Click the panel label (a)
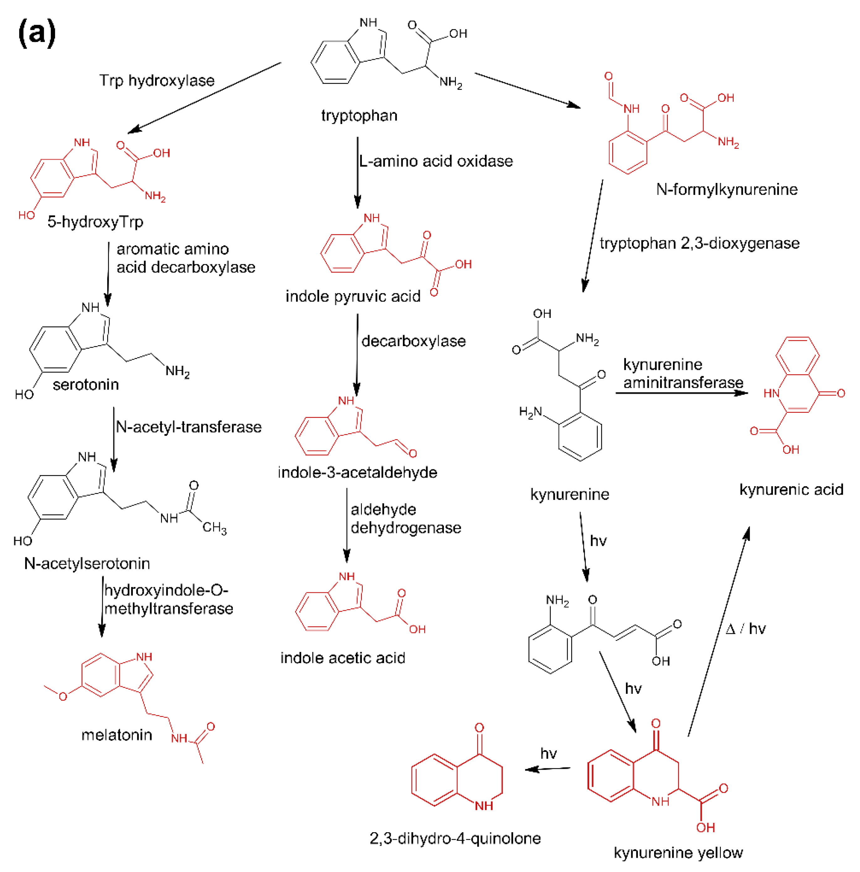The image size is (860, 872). coord(37,33)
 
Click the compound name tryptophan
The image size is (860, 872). coord(359,116)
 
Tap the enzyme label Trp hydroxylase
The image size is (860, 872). coord(157,80)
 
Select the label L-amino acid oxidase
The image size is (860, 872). coord(436,161)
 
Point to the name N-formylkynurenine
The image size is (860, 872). coord(726,189)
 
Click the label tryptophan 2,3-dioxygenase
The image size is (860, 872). coord(699,243)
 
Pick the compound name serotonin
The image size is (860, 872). coord(86,385)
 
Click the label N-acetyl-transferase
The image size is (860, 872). coord(189,427)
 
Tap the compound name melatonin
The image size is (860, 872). coord(117,735)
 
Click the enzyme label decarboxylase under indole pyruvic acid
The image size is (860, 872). coord(413,341)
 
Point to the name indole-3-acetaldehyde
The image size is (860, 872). coord(357,473)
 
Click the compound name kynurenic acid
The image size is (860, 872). coord(791,489)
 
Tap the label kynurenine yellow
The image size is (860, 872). coord(678,853)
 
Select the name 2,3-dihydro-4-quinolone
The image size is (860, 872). coord(455,838)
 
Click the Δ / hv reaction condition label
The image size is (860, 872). coord(745,629)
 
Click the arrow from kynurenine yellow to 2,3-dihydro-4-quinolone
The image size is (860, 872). coord(547,769)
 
